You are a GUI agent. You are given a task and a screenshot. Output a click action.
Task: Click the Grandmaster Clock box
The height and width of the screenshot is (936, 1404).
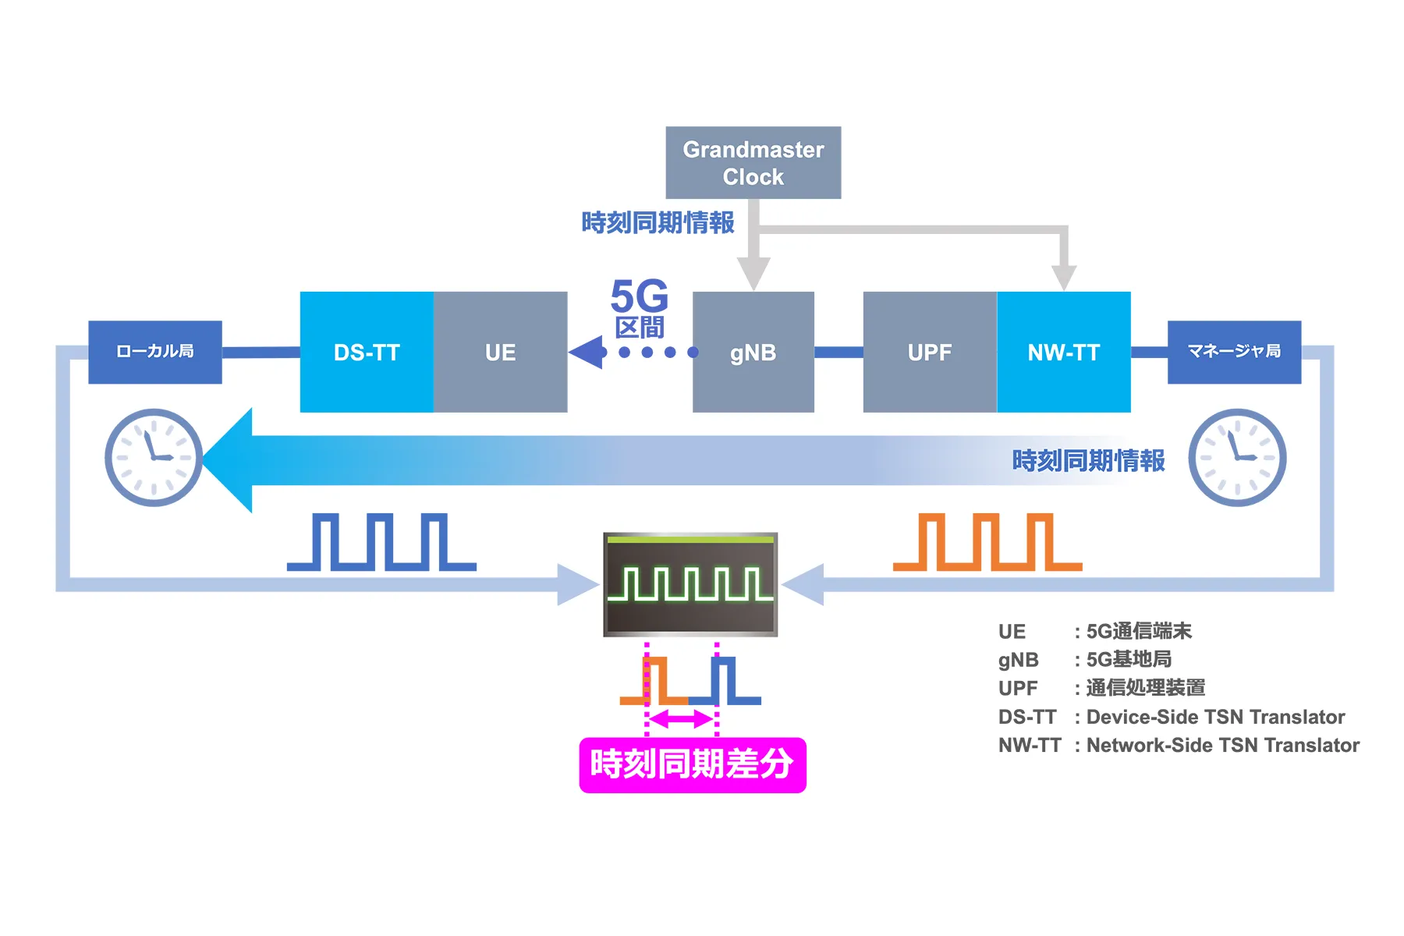[753, 162]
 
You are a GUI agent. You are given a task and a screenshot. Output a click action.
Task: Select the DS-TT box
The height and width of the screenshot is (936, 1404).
[367, 352]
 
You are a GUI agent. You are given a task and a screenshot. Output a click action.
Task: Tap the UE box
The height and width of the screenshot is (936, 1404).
[500, 352]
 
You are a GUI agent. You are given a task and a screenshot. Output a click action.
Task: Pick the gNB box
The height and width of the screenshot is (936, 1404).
[753, 352]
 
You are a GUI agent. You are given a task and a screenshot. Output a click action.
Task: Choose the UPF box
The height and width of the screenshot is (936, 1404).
[929, 352]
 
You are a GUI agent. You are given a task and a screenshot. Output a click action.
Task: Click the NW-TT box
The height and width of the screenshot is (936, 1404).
[1063, 352]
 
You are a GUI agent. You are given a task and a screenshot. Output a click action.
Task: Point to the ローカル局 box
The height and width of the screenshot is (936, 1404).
[154, 352]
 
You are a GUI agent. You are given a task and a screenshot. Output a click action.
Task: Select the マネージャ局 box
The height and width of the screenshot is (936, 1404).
[1234, 352]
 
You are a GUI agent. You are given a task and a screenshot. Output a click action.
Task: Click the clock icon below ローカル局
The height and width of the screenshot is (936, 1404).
[154, 457]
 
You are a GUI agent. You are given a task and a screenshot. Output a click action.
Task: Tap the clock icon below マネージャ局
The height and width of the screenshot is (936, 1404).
[1237, 457]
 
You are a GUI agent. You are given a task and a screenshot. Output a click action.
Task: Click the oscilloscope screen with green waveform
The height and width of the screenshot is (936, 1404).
[690, 584]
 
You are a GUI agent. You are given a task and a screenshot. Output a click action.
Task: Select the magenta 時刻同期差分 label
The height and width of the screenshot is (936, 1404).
[692, 764]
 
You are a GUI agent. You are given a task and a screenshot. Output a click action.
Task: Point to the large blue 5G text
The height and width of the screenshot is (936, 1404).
[640, 296]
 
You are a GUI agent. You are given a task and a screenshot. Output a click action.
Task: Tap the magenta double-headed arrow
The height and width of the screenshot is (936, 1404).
[682, 720]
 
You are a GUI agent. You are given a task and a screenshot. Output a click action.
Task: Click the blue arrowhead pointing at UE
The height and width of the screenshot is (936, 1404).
[587, 352]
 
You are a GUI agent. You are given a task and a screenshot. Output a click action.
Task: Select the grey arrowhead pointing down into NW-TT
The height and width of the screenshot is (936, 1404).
[1063, 277]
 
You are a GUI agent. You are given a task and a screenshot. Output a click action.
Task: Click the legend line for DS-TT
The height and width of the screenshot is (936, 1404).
[1171, 717]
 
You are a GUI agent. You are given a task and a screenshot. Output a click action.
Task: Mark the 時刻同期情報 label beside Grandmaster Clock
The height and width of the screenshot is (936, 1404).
[658, 223]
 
